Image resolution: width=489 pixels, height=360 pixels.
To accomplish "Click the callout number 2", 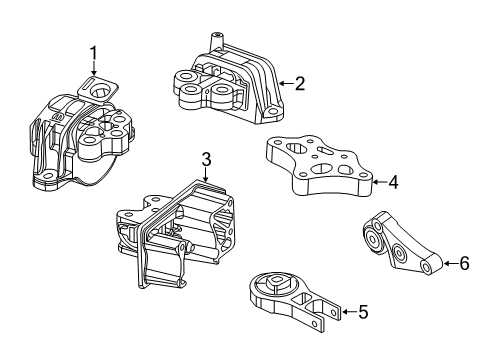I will point(298,84).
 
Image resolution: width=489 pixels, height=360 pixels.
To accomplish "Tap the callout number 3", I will point(205,158).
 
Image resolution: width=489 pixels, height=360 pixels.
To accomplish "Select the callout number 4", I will point(393,183).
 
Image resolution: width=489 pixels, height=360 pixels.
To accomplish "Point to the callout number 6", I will point(463,264).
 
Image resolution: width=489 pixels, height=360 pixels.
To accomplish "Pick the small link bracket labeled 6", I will point(400,250).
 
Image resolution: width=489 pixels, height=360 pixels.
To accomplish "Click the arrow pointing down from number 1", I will point(93,70).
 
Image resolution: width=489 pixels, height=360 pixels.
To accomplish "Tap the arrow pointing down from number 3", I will point(205,175).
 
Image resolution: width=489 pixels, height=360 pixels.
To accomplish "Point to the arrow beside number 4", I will point(377,183).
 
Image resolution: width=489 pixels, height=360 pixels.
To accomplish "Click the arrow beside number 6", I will point(448,264).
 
